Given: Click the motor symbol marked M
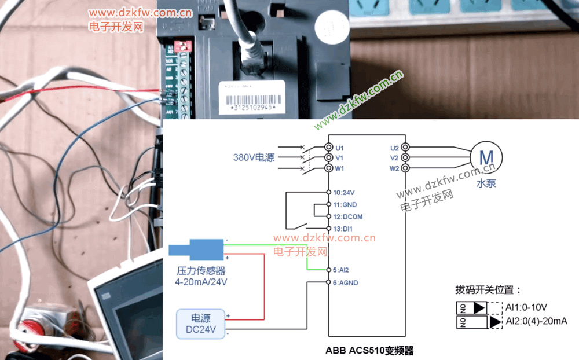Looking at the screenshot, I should [x=486, y=157].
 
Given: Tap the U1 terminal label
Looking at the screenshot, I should [x=340, y=148].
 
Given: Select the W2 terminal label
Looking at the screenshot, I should [x=394, y=168].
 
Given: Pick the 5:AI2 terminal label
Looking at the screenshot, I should [x=341, y=270].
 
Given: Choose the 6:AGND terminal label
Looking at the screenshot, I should [x=346, y=283].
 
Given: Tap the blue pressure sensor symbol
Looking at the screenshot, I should [x=197, y=250].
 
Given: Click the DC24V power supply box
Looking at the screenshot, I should [x=200, y=324].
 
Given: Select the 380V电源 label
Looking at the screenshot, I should [x=254, y=157].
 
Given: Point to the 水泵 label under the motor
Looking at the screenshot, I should [x=485, y=184].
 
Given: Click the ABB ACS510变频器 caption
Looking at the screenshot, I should [x=369, y=350].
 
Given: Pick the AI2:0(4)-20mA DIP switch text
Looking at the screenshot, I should [x=536, y=321].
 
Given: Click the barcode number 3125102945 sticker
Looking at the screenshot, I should [x=253, y=108].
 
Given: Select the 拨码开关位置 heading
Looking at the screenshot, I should [x=488, y=290].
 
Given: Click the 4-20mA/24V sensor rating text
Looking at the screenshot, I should [x=201, y=282].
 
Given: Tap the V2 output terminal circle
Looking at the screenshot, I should [x=405, y=157].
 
